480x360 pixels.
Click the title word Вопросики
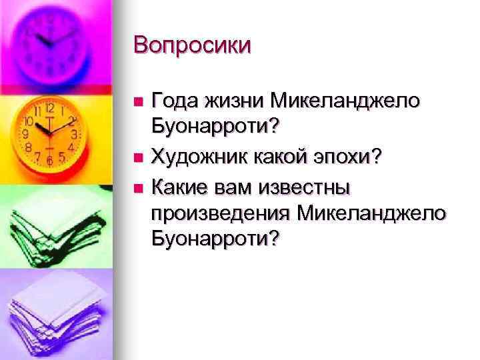(x=192, y=45)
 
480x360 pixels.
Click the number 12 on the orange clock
(x=50, y=108)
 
